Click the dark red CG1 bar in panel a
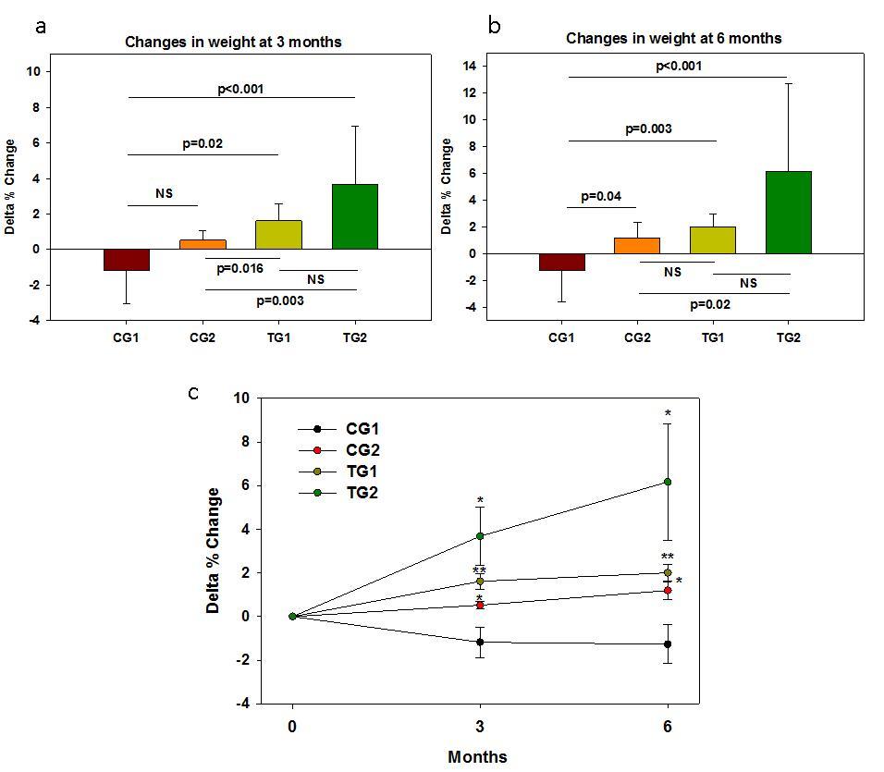point(127,260)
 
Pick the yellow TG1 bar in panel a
point(278,235)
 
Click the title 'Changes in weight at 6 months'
point(673,38)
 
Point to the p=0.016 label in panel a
point(239,268)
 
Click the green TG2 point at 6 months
point(667,482)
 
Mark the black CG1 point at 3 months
point(479,642)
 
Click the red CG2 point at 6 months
point(667,590)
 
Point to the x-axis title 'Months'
point(477,756)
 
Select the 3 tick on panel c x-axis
point(479,725)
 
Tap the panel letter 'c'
point(192,392)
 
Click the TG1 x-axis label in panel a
point(278,337)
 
